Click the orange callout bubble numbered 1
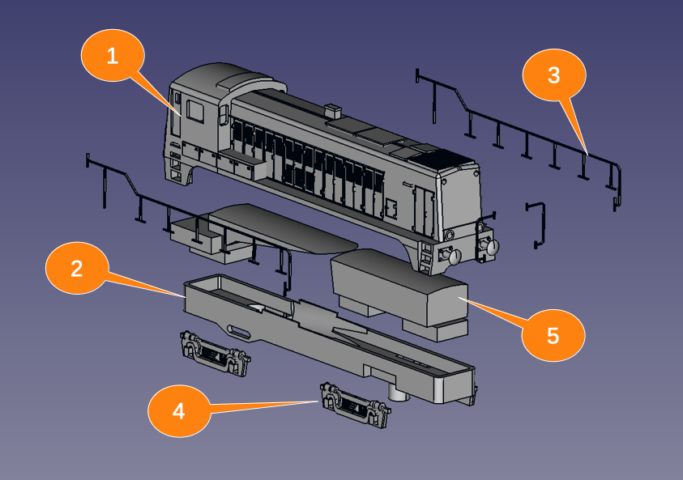[x=112, y=56]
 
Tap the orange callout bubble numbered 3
[x=553, y=76]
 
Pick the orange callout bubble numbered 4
[x=179, y=410]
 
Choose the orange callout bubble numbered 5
[x=553, y=335]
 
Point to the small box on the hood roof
[x=332, y=111]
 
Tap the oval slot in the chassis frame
[x=241, y=331]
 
